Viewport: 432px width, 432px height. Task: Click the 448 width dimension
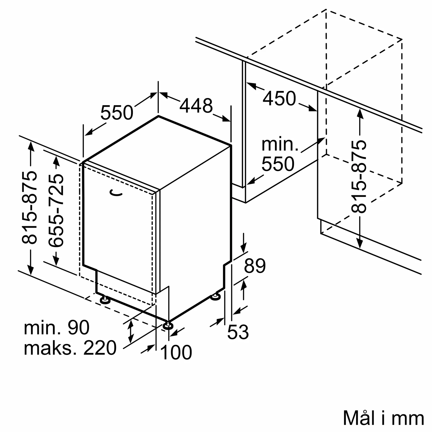196,106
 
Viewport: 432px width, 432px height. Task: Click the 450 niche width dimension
279,98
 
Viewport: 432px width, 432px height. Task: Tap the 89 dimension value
255,266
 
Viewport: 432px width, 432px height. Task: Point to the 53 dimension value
238,332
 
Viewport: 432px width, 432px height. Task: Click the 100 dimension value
176,352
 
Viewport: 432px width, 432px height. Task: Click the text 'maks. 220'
70,348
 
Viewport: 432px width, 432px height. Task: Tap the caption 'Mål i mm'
383,418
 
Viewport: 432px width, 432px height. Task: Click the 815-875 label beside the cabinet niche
359,177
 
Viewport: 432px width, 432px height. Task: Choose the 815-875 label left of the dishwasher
30,208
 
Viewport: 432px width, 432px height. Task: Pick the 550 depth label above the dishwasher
117,113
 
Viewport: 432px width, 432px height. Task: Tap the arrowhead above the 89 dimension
244,248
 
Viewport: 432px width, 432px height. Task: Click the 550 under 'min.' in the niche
278,164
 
